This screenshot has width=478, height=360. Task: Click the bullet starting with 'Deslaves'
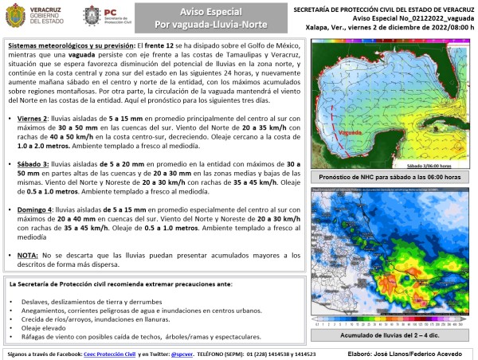point(80,303)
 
